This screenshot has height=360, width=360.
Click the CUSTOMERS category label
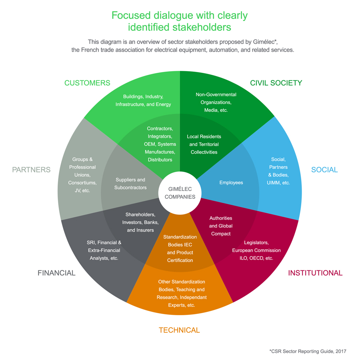87,83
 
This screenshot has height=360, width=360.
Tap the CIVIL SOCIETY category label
276,83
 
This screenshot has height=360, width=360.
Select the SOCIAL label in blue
324,170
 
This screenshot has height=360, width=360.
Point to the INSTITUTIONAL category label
315,273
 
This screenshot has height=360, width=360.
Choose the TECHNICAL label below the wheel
179,330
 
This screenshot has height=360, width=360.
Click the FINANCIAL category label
56,273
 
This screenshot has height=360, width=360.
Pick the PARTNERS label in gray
31,170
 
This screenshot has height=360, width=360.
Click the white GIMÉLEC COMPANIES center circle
180,193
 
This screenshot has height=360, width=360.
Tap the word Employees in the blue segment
231,182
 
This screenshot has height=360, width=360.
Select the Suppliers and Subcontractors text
130,184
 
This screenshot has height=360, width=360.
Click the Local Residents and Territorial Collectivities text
204,144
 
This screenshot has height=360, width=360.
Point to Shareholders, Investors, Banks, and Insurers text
140,222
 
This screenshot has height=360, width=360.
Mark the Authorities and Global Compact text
221,226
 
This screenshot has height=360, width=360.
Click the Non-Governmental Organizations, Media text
216,102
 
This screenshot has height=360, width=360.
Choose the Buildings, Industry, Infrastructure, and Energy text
143,100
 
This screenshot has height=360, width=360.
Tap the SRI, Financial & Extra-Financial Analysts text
104,250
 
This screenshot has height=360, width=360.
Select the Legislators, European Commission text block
256,250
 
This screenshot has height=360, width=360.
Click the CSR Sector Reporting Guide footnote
308,351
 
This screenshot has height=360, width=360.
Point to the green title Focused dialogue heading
180,21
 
